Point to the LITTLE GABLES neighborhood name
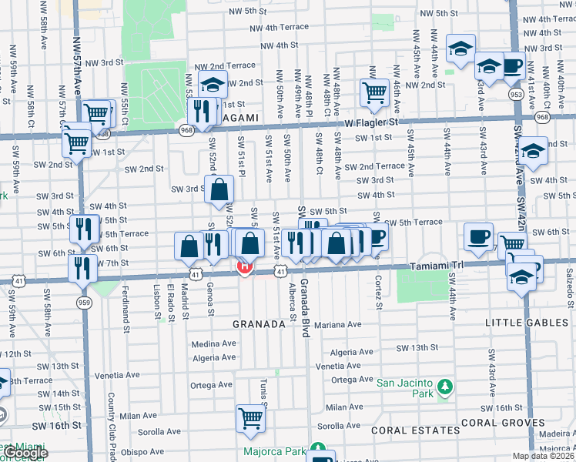527,323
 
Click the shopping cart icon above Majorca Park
250,419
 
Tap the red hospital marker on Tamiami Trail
245,267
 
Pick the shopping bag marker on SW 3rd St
219,189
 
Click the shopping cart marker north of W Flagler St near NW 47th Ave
373,92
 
